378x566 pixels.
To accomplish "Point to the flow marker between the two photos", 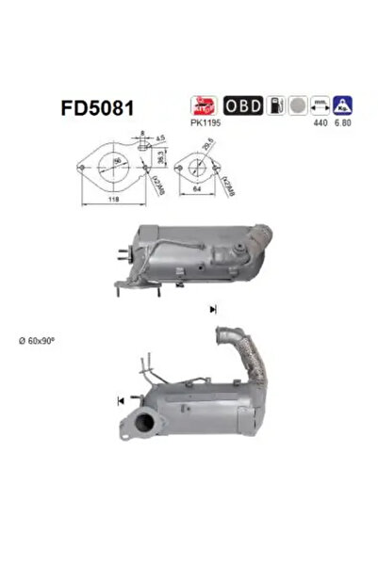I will click(x=213, y=309).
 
